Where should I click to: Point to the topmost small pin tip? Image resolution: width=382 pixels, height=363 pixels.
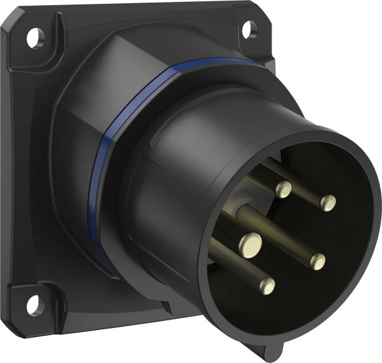point(284,189)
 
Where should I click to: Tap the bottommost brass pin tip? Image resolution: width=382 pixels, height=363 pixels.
point(266,286)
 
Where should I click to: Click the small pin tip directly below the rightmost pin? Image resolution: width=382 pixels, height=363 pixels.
point(317,261)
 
